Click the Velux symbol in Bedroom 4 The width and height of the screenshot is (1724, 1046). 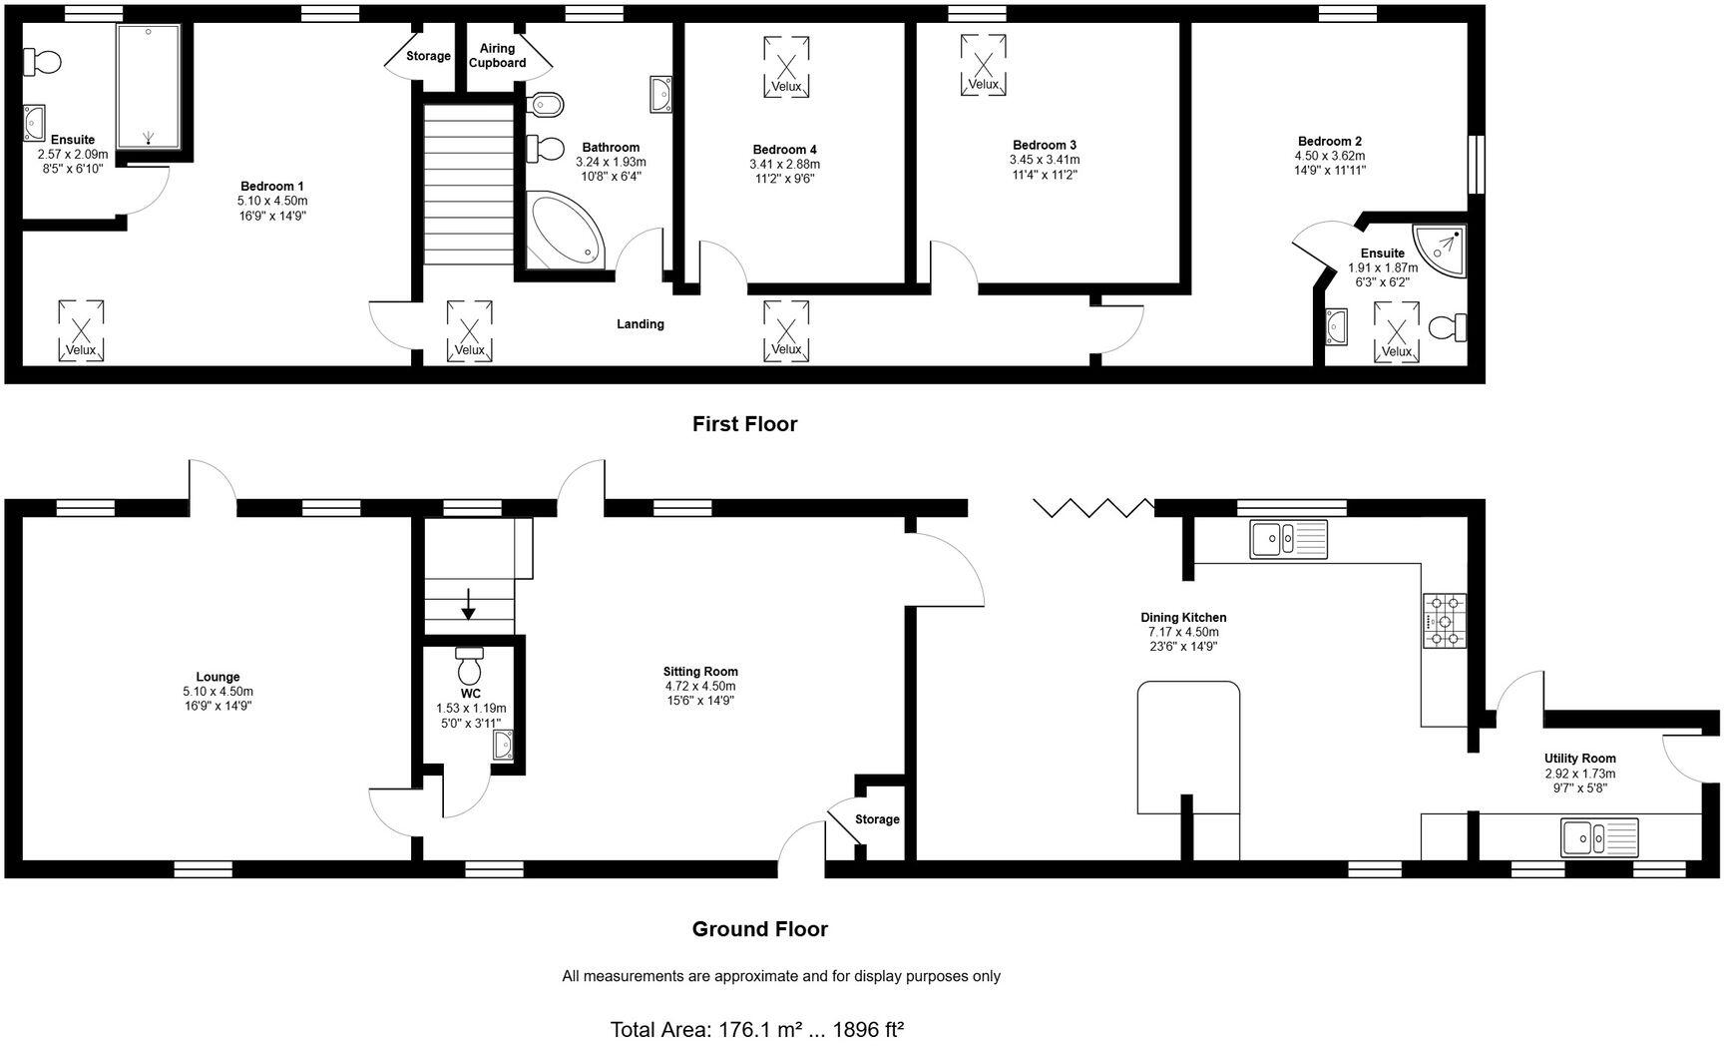coord(786,67)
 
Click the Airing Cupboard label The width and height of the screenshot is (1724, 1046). coord(497,56)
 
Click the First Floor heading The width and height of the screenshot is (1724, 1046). coord(744,424)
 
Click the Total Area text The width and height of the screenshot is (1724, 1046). coord(756,1029)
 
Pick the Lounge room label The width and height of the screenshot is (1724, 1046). coord(217,677)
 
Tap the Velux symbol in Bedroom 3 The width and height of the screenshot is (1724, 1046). coord(983,64)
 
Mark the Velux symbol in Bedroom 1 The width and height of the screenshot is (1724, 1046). coord(81,329)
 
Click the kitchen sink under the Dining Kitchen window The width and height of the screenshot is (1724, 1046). coord(1288,539)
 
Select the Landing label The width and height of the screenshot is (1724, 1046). coord(640,323)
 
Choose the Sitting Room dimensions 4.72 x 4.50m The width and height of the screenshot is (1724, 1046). coord(700,687)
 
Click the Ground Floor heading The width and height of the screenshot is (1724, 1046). coord(759,929)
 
